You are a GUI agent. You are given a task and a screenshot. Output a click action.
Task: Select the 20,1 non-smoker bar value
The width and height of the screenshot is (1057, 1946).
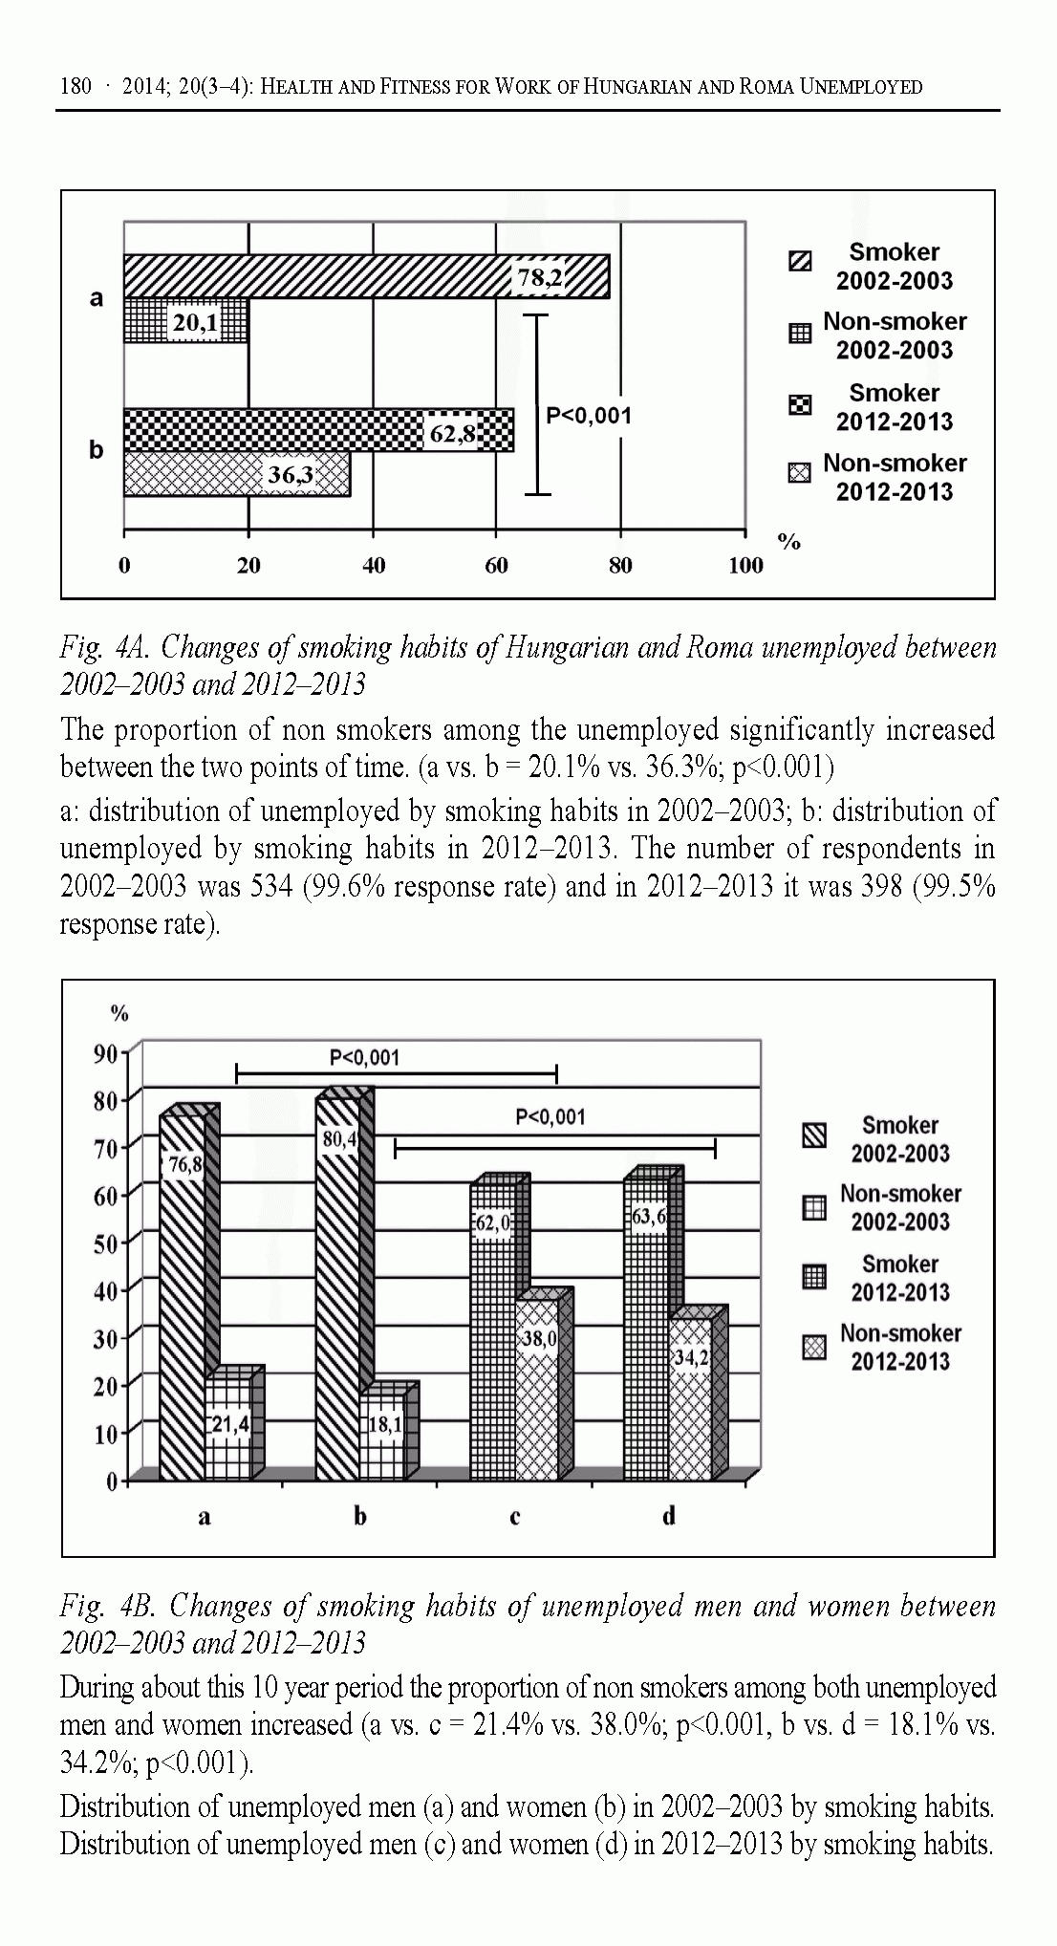pos(194,324)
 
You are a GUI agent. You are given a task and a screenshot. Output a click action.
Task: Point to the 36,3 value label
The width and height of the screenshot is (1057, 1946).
pos(291,475)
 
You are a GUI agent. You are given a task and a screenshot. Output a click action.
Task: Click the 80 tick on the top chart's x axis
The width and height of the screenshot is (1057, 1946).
pos(620,566)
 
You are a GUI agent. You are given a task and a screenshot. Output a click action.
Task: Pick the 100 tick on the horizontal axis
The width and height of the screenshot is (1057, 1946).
pos(745,566)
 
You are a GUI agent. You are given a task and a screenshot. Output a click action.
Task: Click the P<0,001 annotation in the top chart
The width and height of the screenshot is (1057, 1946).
pos(589,416)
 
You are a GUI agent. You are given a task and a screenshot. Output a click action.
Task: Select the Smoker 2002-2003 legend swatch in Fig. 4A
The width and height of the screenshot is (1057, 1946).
pos(800,261)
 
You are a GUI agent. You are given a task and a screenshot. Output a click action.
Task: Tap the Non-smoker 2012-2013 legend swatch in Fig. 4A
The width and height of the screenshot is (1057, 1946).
pos(800,472)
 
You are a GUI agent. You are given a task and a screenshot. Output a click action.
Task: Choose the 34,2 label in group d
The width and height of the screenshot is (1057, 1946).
pos(691,1357)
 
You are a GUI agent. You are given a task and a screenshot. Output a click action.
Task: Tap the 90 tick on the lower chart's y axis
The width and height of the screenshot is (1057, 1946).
pos(105,1053)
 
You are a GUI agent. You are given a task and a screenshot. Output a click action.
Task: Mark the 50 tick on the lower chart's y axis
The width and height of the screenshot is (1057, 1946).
pos(105,1243)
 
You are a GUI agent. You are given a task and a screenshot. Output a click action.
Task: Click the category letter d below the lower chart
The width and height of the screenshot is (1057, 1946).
pos(669,1515)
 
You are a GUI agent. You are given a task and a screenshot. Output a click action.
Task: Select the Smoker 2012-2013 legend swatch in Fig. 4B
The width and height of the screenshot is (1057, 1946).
pos(814,1277)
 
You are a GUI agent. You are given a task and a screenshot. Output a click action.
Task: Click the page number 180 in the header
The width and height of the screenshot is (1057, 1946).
pos(76,87)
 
